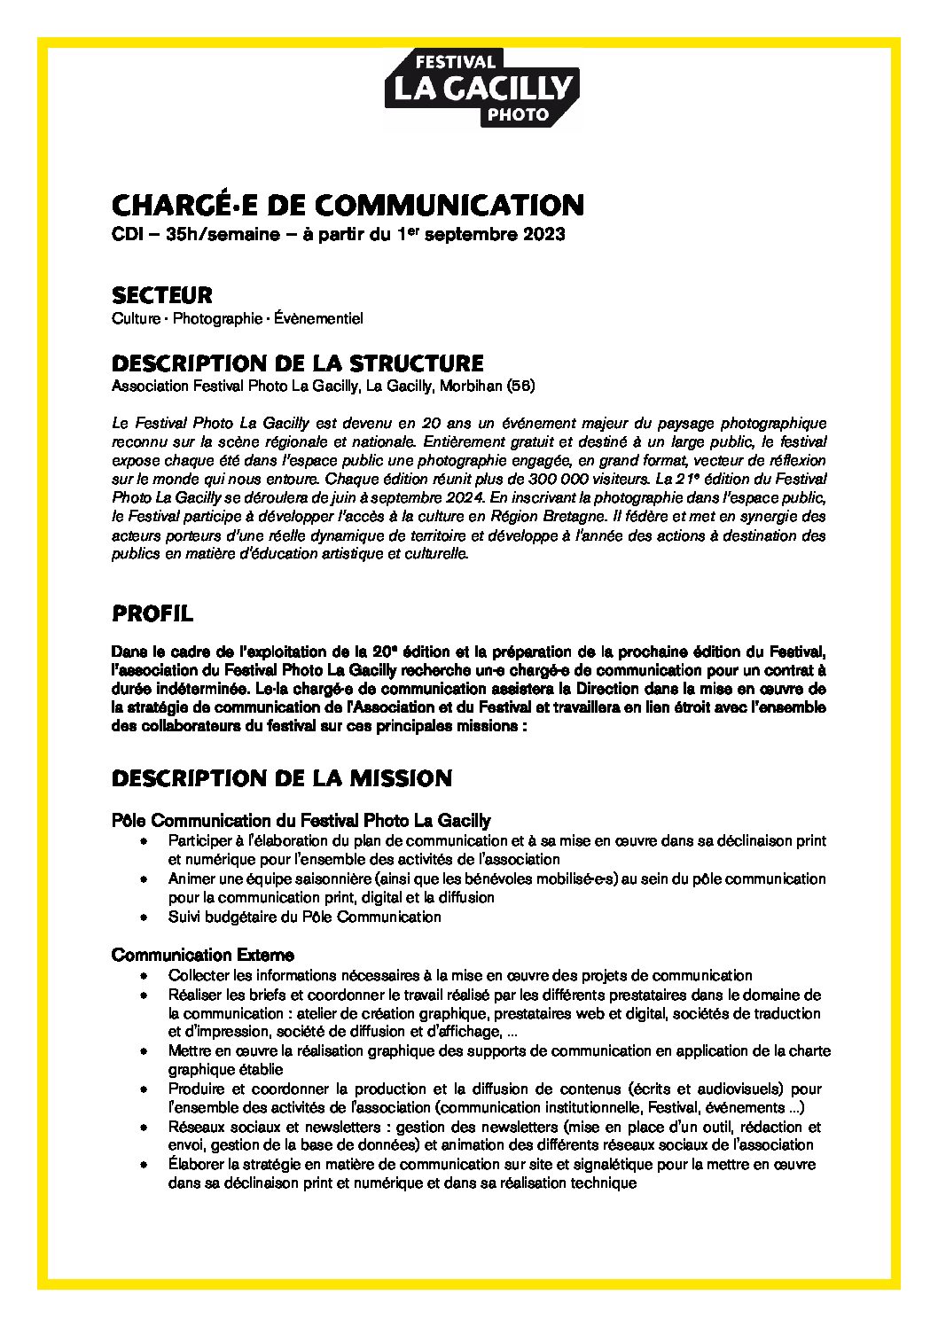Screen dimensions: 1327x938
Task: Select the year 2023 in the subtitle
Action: pyautogui.click(x=540, y=237)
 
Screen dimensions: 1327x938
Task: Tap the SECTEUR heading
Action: pyautogui.click(x=161, y=293)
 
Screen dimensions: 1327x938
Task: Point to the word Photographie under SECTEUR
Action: pyautogui.click(x=215, y=317)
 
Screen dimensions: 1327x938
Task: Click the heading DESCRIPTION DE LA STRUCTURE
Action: pyautogui.click(x=298, y=363)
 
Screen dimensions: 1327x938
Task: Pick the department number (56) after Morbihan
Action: pyautogui.click(x=520, y=386)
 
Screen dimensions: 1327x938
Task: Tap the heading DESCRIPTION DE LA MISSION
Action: pyautogui.click(x=282, y=779)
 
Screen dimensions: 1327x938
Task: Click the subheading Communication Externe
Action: pyautogui.click(x=203, y=955)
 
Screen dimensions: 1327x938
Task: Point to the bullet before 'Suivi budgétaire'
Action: pyautogui.click(x=143, y=917)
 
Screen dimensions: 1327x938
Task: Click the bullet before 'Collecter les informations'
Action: pyautogui.click(x=143, y=975)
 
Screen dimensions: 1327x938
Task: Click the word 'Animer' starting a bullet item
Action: pyautogui.click(x=189, y=879)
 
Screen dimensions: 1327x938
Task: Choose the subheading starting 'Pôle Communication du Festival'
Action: pyautogui.click(x=301, y=821)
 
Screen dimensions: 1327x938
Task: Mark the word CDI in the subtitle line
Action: pyautogui.click(x=128, y=237)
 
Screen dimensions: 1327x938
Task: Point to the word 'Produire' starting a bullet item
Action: pyautogui.click(x=194, y=1089)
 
